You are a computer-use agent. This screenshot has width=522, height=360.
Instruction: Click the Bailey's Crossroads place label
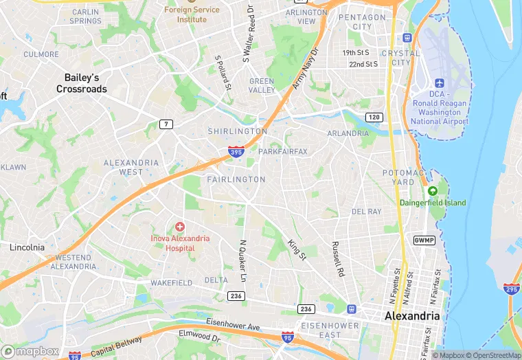point(82,83)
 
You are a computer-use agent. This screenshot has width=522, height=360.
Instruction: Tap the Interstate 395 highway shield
point(236,151)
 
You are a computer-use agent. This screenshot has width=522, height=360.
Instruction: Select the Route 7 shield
point(166,124)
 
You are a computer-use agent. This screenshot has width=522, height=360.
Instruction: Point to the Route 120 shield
point(374,117)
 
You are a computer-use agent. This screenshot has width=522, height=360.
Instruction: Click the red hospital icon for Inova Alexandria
point(180,226)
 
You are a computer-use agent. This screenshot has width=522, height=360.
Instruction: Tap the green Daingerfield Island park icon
point(432,190)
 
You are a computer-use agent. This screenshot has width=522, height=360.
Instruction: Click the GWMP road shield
point(424,240)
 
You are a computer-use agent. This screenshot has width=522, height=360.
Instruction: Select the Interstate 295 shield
point(511,289)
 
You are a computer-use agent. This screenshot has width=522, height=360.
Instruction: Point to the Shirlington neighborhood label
point(238,131)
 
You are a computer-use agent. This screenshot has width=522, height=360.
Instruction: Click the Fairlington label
point(236,179)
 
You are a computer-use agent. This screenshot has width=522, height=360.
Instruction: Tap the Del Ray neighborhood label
point(366,212)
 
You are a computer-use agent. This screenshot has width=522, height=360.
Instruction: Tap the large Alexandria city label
point(412,315)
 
